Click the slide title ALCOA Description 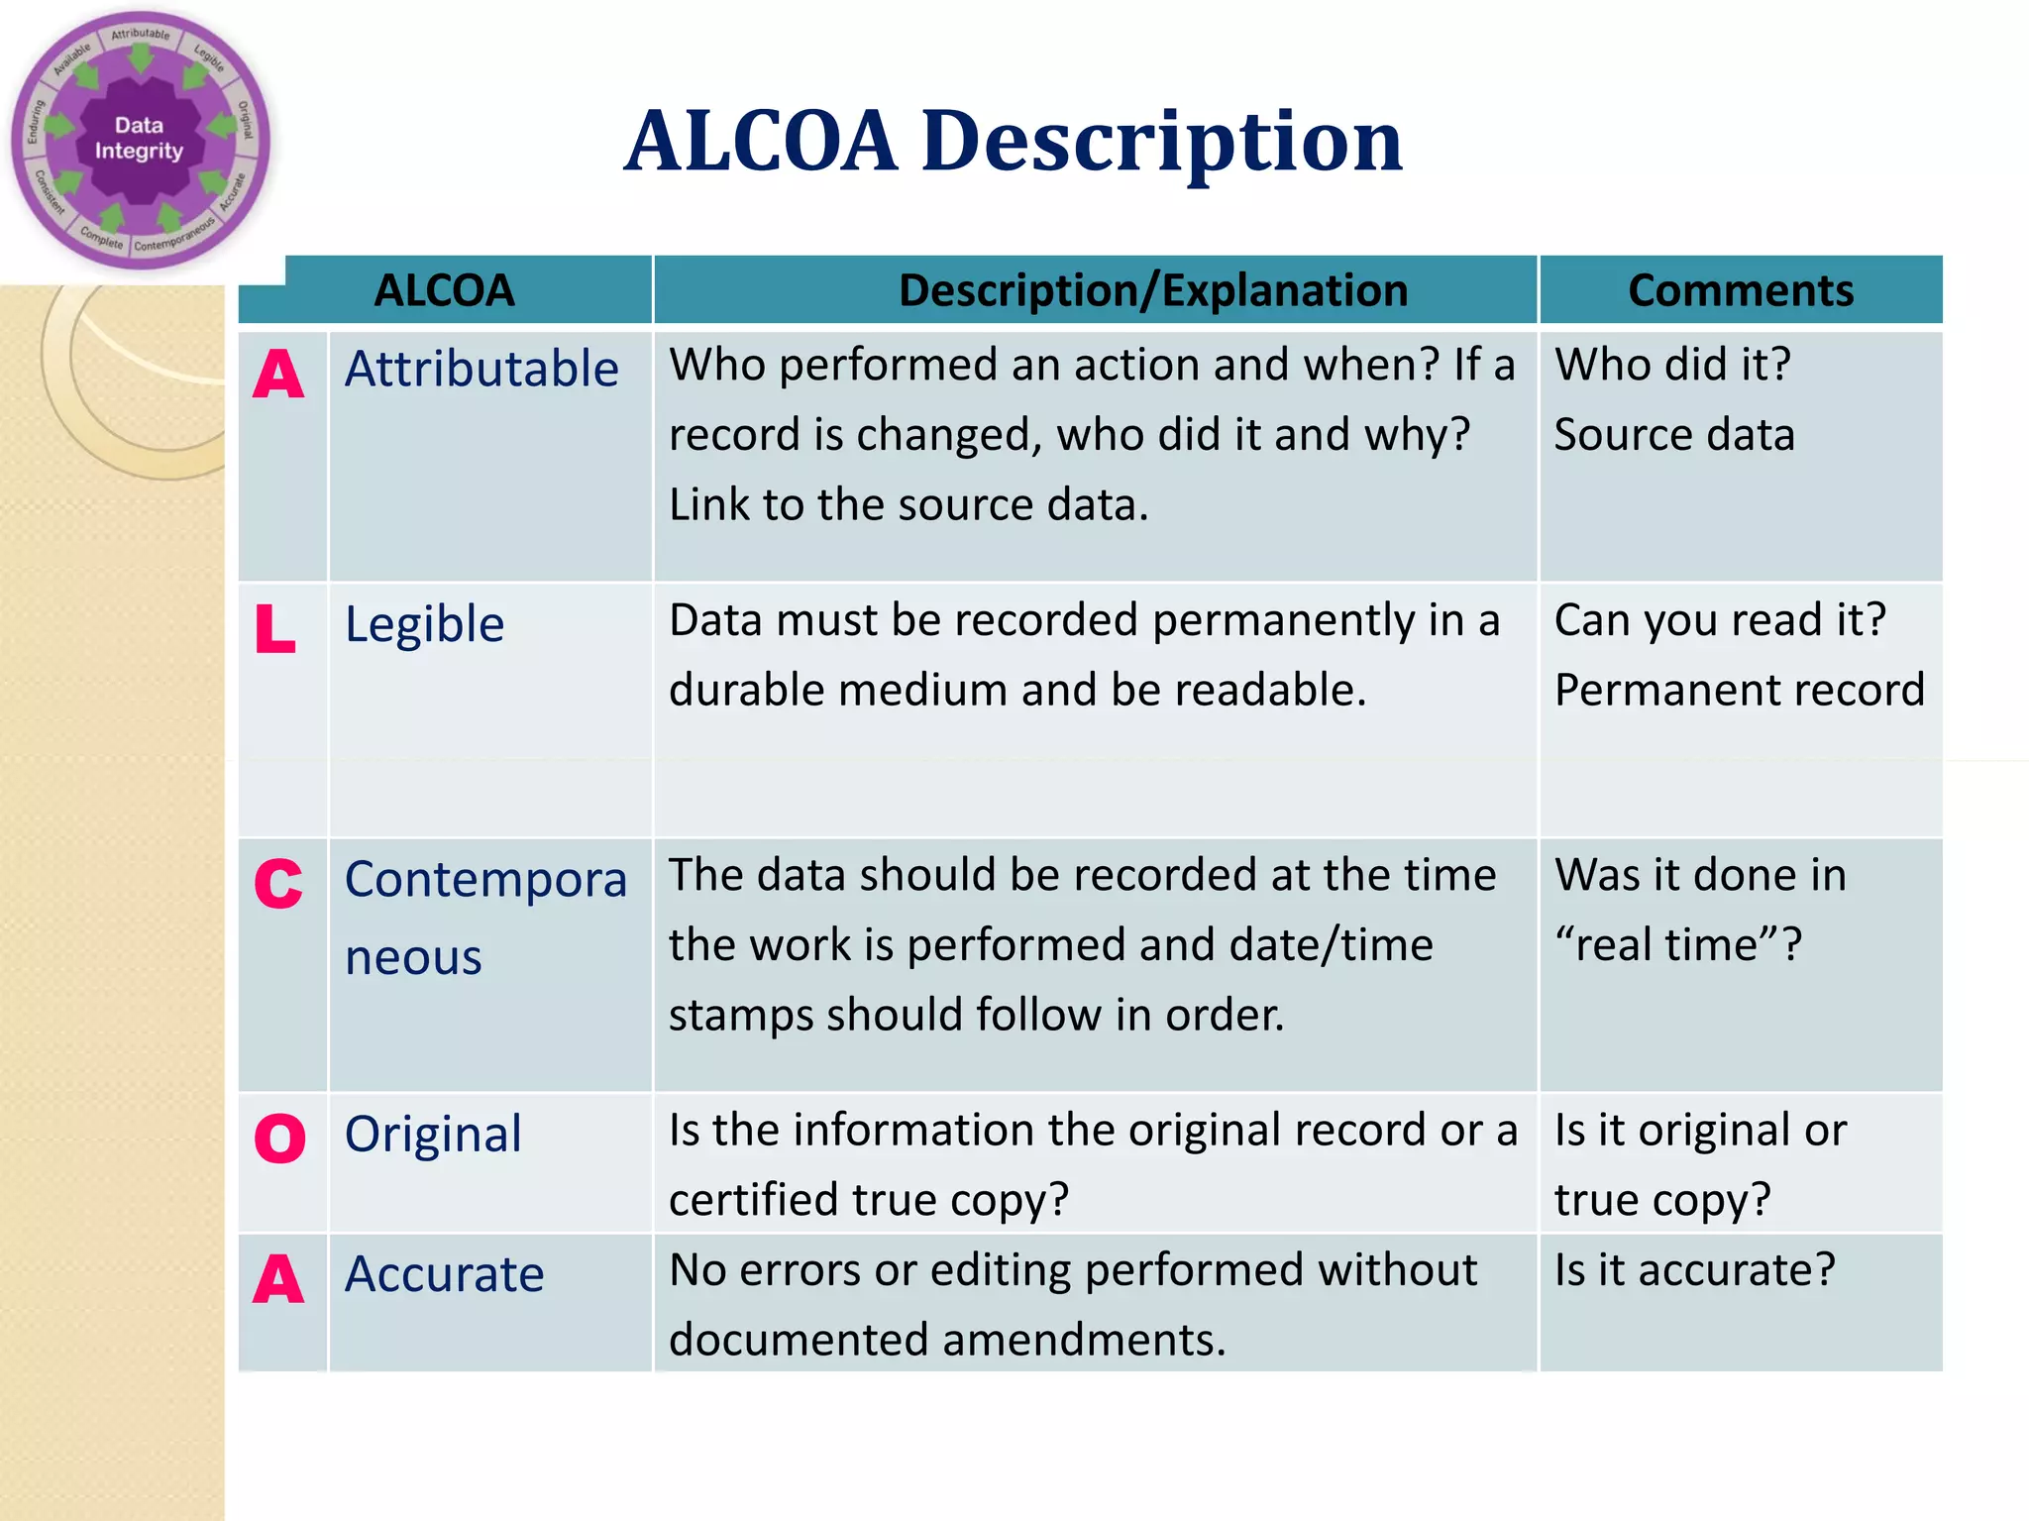pos(1013,142)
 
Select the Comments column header pos(1740,290)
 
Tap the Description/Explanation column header pos(1152,290)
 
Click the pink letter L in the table pos(275,629)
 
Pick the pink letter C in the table pos(278,883)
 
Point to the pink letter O pos(279,1138)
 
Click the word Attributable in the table pos(481,369)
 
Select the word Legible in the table pos(424,624)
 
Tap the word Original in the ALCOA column pos(433,1134)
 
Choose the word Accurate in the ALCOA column pos(444,1274)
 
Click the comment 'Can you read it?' pos(1720,620)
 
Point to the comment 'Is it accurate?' pos(1694,1270)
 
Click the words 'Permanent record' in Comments pos(1739,690)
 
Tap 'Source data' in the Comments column pos(1674,435)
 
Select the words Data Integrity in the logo pos(139,138)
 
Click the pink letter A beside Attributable pos(278,376)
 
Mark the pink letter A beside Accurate pos(278,1279)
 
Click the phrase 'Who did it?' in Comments pos(1672,365)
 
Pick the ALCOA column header pos(444,290)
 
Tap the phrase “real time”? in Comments pos(1678,944)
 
